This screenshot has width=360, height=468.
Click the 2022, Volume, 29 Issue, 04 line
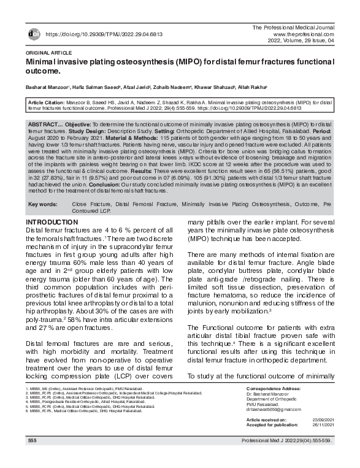pyautogui.click(x=301, y=42)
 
